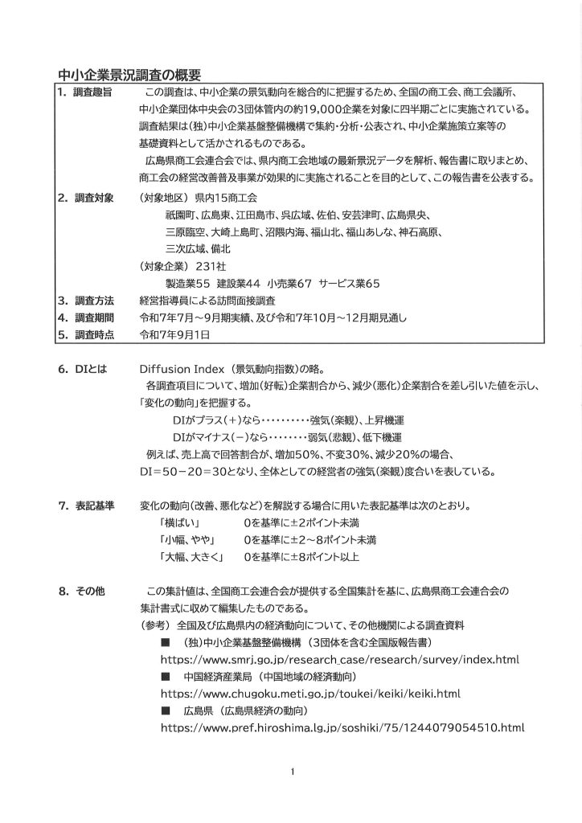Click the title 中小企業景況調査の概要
(129, 76)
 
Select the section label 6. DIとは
(83, 370)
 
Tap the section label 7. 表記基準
(85, 506)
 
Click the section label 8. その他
(81, 592)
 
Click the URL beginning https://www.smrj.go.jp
(340, 659)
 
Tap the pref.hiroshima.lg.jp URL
(342, 728)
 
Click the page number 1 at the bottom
(293, 772)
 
